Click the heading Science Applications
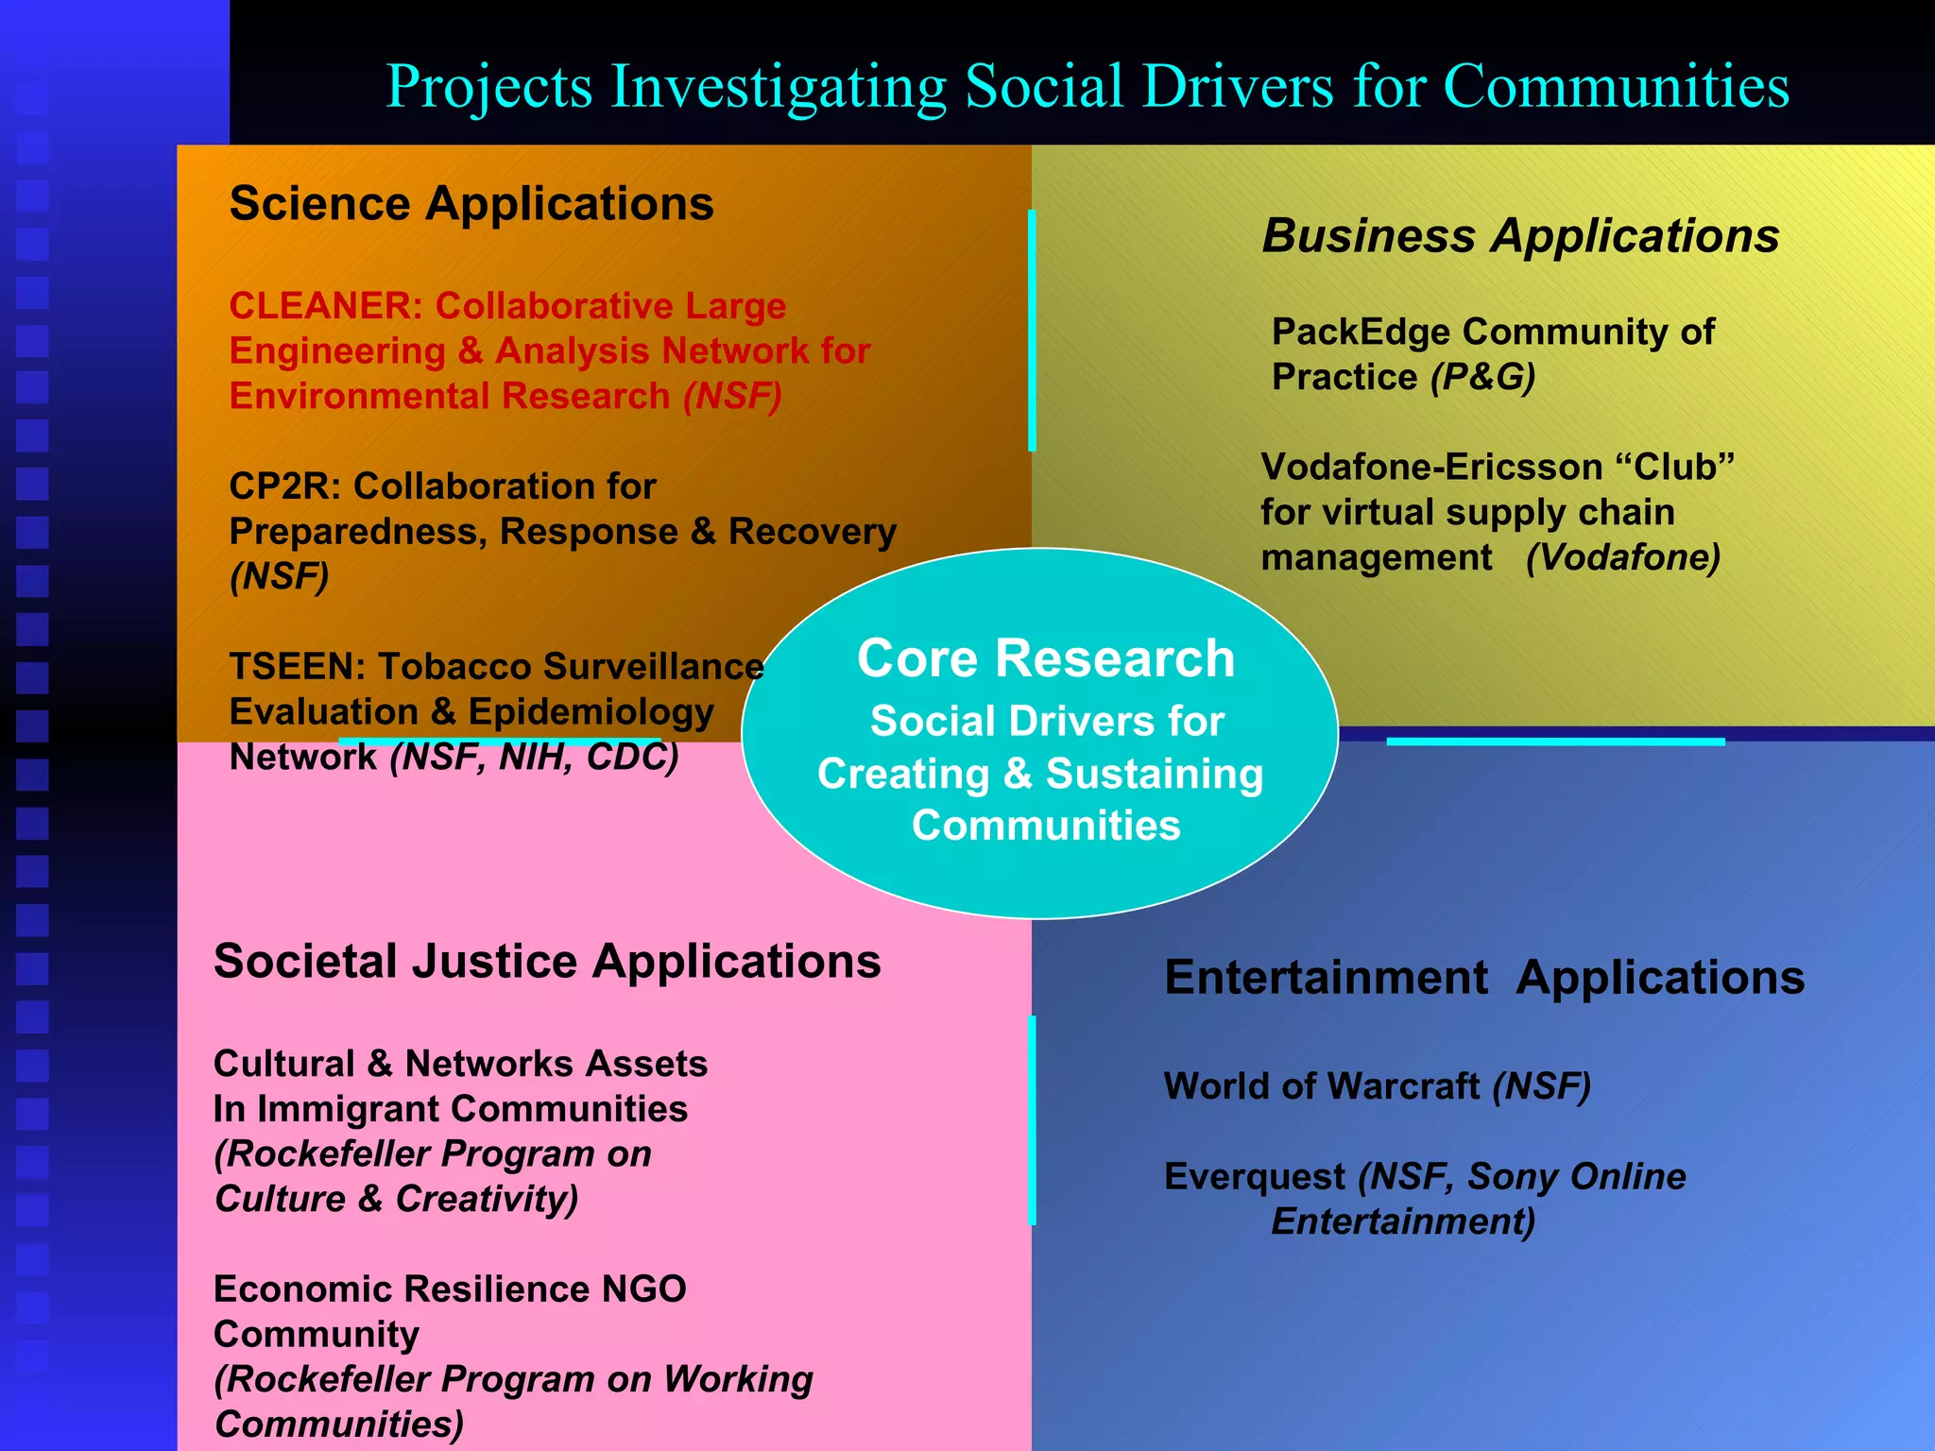click(471, 204)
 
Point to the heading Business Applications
click(1520, 235)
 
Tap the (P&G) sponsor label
click(1482, 377)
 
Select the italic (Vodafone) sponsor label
click(1622, 557)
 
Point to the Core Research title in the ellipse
click(1045, 658)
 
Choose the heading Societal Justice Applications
click(547, 962)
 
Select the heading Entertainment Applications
click(1483, 978)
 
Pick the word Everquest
click(1254, 1177)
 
